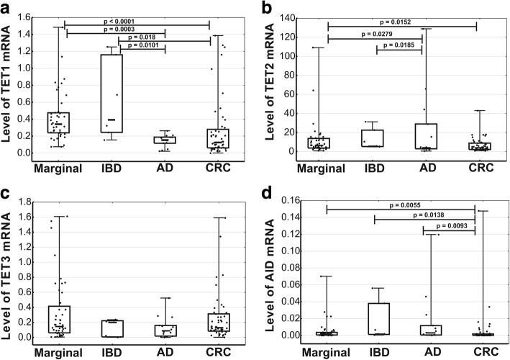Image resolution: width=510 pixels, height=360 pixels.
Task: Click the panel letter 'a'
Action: click(x=8, y=8)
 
